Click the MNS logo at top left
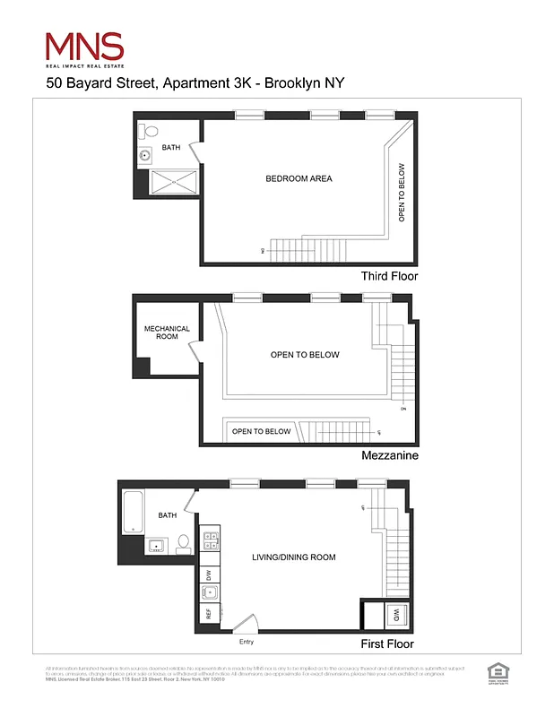[x=84, y=49]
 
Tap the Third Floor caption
[x=389, y=276]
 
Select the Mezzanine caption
[x=389, y=455]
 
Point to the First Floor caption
[x=388, y=644]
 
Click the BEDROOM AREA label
[x=299, y=178]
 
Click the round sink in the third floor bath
[x=145, y=156]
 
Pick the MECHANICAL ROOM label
[x=167, y=333]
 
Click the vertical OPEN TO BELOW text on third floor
[x=402, y=192]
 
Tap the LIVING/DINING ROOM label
[x=293, y=557]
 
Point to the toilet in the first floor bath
[x=183, y=542]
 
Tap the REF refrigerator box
[x=208, y=614]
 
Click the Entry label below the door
[x=247, y=642]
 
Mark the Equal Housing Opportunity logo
[x=496, y=671]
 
